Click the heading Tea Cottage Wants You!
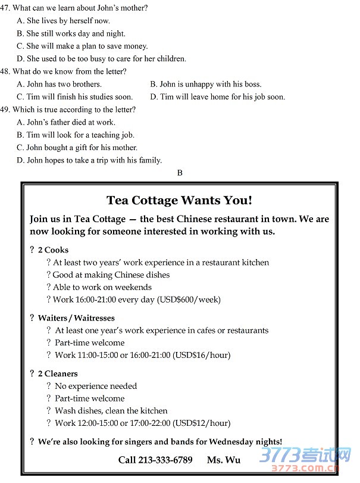(x=179, y=200)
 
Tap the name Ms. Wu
(x=224, y=459)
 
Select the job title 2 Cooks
(x=53, y=250)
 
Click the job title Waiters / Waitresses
(x=76, y=318)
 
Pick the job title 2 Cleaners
(x=58, y=373)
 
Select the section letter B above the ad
(x=180, y=173)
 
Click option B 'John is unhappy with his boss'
(x=206, y=84)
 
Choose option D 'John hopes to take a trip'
(x=89, y=160)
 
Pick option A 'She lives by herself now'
(x=64, y=21)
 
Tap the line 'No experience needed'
(x=96, y=386)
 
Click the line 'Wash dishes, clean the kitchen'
(x=111, y=410)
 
